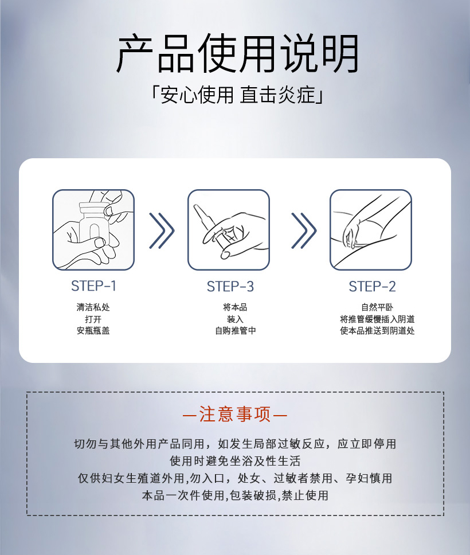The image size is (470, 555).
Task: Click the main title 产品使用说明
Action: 237,53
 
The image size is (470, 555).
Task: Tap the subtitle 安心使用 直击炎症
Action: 236,95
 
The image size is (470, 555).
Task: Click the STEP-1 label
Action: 93,286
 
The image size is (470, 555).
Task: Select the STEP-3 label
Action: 230,286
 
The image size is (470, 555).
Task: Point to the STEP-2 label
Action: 372,286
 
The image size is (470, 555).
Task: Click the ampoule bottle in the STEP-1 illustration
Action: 93,224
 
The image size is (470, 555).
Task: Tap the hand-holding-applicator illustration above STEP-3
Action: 229,230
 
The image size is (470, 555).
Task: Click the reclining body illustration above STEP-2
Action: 370,230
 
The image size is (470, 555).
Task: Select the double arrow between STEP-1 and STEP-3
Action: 162,231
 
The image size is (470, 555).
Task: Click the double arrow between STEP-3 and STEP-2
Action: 304,231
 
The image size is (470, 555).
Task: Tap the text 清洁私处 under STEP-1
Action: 93,307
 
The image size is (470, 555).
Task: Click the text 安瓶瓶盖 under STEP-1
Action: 93,331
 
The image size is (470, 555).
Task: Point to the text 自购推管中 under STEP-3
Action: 236,331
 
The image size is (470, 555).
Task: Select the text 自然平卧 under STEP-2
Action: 377,307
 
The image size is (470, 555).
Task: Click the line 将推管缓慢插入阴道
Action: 377,319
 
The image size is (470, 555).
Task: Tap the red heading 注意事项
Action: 235,414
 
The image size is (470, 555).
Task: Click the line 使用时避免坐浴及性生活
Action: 235,461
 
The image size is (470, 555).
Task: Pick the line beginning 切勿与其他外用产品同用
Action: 235,444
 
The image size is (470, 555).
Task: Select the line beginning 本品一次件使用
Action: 235,495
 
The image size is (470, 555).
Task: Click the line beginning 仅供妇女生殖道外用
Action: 235,478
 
